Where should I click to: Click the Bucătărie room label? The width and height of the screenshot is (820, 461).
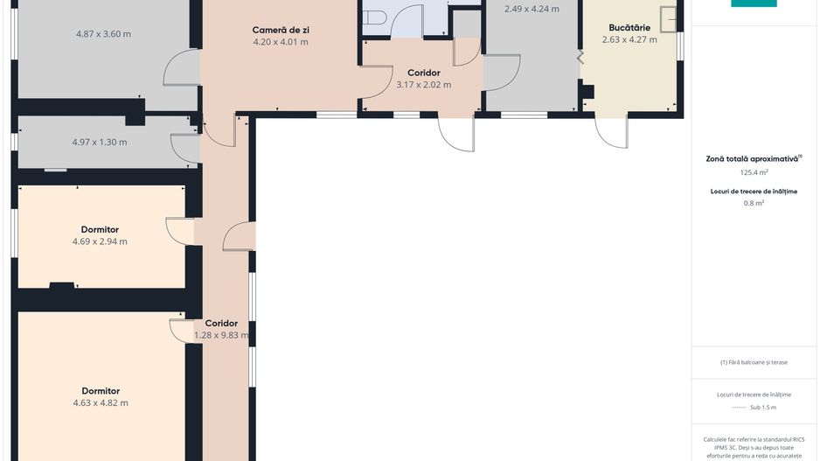(x=629, y=28)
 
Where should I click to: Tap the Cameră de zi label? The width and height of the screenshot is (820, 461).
(x=281, y=31)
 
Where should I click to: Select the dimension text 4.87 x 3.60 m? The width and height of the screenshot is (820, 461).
(x=103, y=34)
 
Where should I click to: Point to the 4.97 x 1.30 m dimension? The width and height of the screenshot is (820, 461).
(x=100, y=143)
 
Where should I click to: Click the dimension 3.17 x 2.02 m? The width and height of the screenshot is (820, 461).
(x=424, y=85)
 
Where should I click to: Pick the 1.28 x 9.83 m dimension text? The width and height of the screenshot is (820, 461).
(x=221, y=335)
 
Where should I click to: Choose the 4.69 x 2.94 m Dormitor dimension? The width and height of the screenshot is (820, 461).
(x=100, y=241)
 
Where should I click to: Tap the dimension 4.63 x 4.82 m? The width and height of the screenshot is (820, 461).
(x=101, y=403)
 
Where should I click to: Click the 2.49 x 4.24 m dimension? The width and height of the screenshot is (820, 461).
(x=532, y=9)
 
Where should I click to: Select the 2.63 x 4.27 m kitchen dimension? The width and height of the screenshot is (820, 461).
(x=629, y=39)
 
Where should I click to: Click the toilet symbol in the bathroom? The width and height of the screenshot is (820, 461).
(x=374, y=17)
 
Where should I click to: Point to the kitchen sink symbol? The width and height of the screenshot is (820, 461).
(x=669, y=19)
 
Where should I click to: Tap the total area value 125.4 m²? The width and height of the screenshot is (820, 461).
(x=754, y=172)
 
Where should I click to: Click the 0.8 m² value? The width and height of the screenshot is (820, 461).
(x=754, y=203)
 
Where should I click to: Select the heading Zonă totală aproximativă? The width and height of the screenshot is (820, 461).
(x=752, y=158)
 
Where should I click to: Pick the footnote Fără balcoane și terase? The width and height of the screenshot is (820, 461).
(x=754, y=362)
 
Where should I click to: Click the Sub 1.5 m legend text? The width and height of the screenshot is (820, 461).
(x=763, y=407)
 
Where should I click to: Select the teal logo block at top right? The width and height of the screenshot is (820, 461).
(x=754, y=3)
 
